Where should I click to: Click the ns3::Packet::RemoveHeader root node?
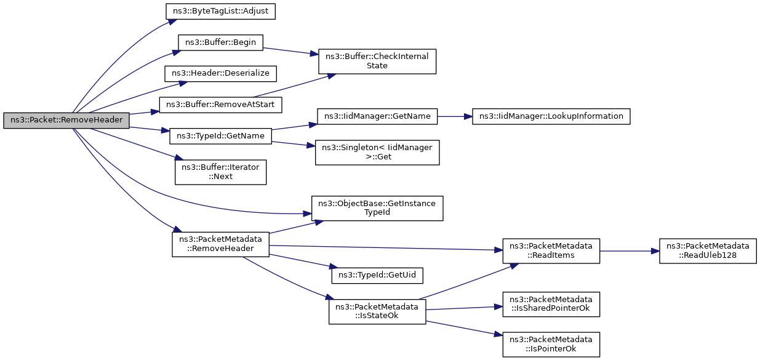pyautogui.click(x=66, y=121)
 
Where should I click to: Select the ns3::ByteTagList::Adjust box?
pyautogui.click(x=220, y=11)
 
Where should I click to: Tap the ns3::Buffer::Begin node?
pyautogui.click(x=220, y=42)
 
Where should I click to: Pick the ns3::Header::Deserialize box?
pyautogui.click(x=220, y=74)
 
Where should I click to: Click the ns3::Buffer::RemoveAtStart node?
pyautogui.click(x=220, y=105)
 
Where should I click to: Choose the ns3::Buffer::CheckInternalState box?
pyautogui.click(x=377, y=62)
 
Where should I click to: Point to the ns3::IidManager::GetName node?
pyautogui.click(x=377, y=116)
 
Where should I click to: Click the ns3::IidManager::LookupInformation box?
pyautogui.click(x=551, y=116)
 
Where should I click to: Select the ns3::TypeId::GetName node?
pyautogui.click(x=220, y=136)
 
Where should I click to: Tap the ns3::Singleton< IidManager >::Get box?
pyautogui.click(x=377, y=153)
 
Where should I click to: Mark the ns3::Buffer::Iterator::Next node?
pyautogui.click(x=220, y=172)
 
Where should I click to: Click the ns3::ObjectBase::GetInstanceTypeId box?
pyautogui.click(x=377, y=209)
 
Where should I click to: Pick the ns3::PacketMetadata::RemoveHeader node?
pyautogui.click(x=220, y=244)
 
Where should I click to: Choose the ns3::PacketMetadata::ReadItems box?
pyautogui.click(x=551, y=251)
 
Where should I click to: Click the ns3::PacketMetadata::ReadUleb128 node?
pyautogui.click(x=708, y=251)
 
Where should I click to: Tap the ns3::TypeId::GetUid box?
pyautogui.click(x=377, y=276)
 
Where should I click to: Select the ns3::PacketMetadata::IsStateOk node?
pyautogui.click(x=377, y=311)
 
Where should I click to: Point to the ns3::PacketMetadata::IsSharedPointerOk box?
pyautogui.click(x=551, y=305)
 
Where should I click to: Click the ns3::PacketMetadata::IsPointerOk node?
pyautogui.click(x=551, y=345)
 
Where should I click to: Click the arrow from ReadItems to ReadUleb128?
pyautogui.click(x=630, y=251)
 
